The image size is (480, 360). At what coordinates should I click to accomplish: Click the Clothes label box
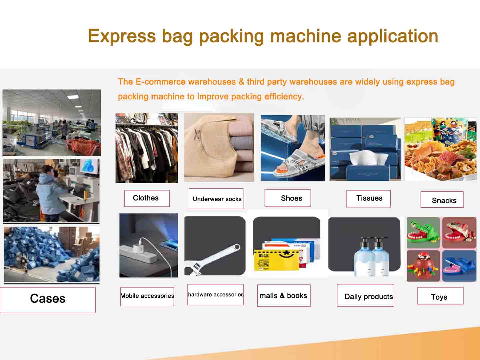pos(147,198)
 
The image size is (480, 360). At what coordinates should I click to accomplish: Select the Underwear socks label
pos(216,198)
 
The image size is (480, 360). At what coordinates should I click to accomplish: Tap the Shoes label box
pos(288,198)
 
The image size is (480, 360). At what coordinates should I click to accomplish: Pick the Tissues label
pos(368,198)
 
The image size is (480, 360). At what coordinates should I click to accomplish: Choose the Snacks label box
pos(442,200)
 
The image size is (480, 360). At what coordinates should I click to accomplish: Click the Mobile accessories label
pos(147,296)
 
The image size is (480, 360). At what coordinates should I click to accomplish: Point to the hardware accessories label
pos(216,294)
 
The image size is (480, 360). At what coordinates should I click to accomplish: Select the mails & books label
pos(284,295)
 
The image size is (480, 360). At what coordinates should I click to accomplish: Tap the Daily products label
pos(365,295)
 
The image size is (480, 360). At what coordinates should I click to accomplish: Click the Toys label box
pos(440,296)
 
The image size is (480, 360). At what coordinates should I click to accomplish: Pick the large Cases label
pos(48,300)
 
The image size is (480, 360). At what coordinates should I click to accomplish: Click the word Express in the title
pos(122,36)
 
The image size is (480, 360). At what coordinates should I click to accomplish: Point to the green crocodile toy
pos(423,233)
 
